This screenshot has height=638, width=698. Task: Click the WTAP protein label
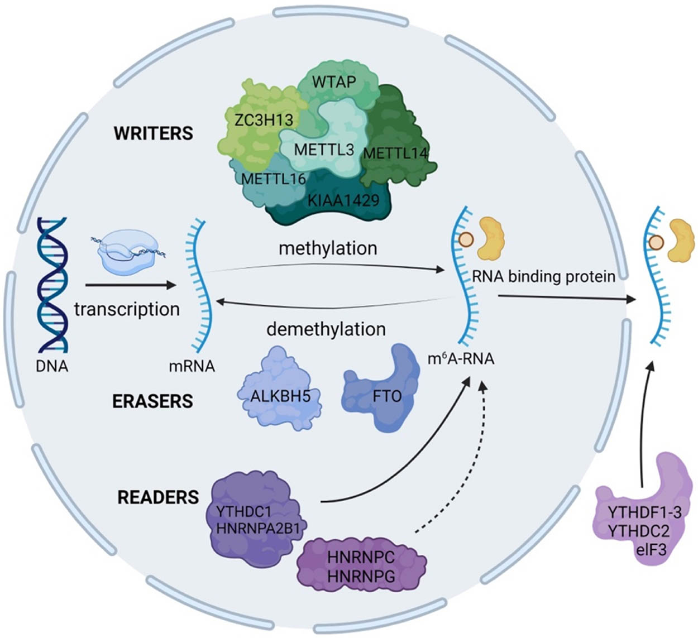(334, 82)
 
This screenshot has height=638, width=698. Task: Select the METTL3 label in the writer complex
(324, 150)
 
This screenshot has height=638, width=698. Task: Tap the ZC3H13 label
(264, 119)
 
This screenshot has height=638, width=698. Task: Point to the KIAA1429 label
(343, 200)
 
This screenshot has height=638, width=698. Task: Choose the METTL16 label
(274, 179)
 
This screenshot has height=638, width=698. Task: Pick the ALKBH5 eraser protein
(280, 397)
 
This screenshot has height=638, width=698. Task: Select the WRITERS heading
(153, 134)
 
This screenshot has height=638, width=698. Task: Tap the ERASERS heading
(152, 401)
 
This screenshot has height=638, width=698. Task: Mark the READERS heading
(158, 497)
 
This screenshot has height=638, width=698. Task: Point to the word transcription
(127, 309)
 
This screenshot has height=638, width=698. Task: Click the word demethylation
(326, 329)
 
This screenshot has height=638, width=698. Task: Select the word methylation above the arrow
(328, 248)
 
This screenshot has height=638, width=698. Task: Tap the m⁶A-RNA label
(461, 358)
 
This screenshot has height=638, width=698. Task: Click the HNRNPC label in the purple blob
(361, 557)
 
